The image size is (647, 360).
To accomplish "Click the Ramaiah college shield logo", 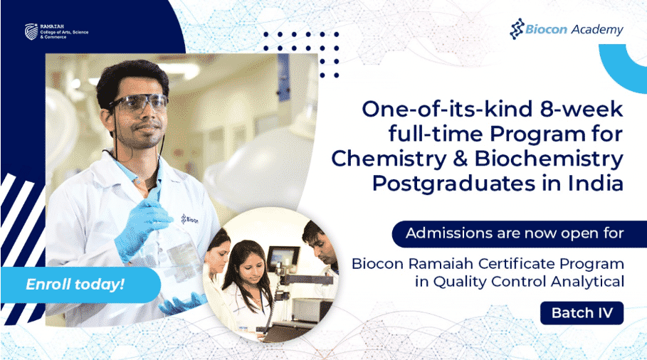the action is [x=31, y=31].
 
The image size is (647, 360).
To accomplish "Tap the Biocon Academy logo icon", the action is [x=517, y=29].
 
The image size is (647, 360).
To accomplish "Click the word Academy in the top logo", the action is [x=597, y=30].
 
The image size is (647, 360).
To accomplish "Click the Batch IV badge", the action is [x=582, y=313].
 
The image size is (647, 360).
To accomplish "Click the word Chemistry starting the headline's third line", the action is [x=389, y=159].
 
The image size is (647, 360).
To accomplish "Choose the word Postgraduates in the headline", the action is [x=454, y=185].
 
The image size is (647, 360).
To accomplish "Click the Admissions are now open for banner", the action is [x=519, y=233].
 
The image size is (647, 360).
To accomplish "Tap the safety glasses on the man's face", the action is [x=139, y=104].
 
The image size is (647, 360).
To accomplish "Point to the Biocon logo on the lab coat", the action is [x=189, y=219].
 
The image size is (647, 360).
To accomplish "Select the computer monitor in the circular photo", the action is [x=283, y=258].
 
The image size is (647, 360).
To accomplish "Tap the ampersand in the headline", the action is [x=460, y=159].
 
